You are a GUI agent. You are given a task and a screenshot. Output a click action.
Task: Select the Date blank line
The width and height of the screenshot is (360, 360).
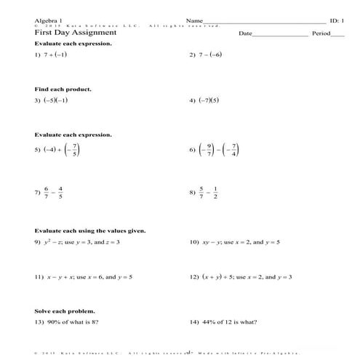click(x=280, y=35)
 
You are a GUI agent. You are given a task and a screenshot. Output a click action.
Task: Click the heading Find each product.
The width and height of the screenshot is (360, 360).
click(x=63, y=89)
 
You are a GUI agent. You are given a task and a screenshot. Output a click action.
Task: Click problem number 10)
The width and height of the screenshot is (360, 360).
click(x=194, y=241)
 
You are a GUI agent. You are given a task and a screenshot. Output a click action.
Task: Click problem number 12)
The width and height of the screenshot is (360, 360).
click(x=194, y=277)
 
